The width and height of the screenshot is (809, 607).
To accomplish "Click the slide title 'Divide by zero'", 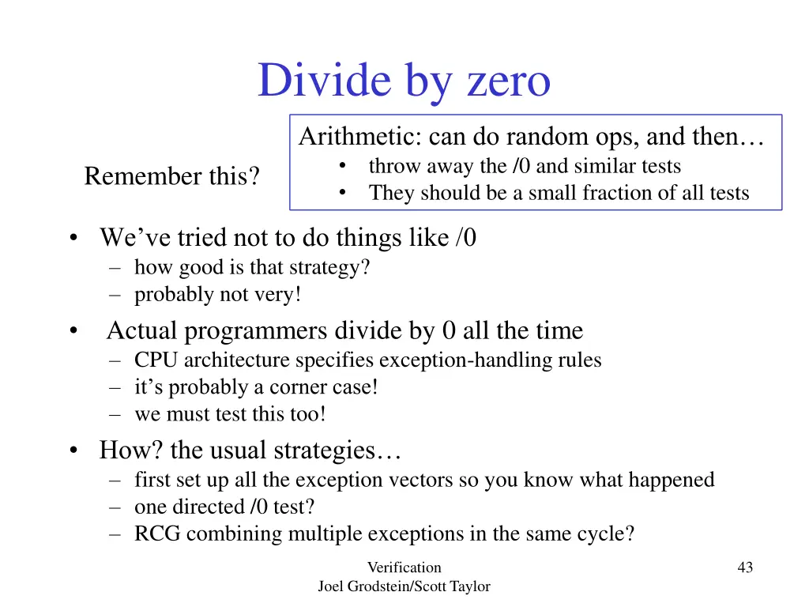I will click(404, 81).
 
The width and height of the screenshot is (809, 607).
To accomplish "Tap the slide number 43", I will click(744, 567).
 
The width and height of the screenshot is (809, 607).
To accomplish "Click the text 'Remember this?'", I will click(172, 176).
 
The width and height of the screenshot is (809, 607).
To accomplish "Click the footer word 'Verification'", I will click(404, 567).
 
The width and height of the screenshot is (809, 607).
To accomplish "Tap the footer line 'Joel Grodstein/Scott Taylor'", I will click(404, 586).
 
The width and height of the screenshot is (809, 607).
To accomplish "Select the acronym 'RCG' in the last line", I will click(157, 533).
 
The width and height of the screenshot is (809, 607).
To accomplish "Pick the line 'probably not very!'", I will click(218, 295).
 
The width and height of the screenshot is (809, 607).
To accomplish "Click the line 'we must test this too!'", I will click(230, 414).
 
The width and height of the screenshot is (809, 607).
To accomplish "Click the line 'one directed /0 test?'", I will click(230, 507).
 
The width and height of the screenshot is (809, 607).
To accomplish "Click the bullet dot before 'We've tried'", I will click(73, 238).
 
